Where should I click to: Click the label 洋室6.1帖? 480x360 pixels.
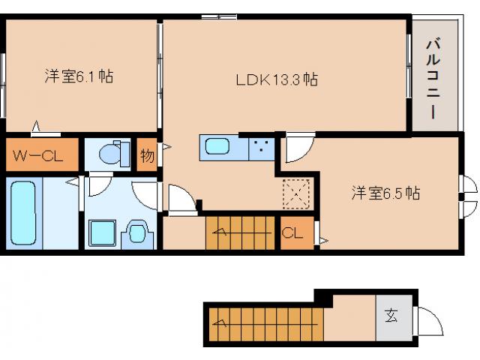pyautogui.click(x=78, y=76)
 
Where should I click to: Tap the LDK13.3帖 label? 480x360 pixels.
pyautogui.click(x=277, y=78)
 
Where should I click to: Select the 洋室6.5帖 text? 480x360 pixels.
pyautogui.click(x=385, y=193)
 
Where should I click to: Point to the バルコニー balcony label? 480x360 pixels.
pyautogui.click(x=433, y=76)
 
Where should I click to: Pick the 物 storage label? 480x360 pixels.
pyautogui.click(x=147, y=156)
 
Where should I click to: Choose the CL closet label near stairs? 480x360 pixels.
pyautogui.click(x=292, y=233)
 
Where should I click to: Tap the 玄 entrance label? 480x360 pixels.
pyautogui.click(x=391, y=315)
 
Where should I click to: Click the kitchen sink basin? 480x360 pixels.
pyautogui.click(x=218, y=146)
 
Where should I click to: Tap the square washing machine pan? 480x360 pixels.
pyautogui.click(x=101, y=233)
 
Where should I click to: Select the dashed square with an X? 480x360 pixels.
pyautogui.click(x=295, y=193)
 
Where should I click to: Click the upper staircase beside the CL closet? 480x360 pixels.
pyautogui.click(x=241, y=232)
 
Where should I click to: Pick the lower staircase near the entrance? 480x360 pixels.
pyautogui.click(x=265, y=323)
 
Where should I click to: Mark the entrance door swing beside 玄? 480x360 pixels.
pyautogui.click(x=427, y=320)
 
